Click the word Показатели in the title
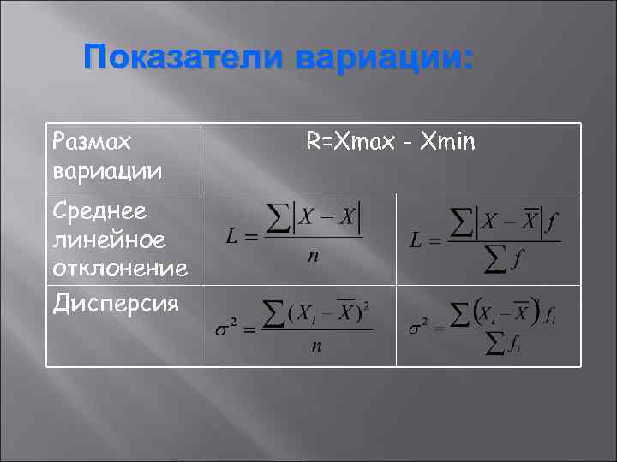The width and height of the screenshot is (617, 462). [183, 60]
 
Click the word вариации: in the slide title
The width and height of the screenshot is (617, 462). [382, 60]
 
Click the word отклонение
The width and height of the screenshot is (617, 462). [119, 269]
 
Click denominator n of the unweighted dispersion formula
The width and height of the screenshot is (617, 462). [316, 346]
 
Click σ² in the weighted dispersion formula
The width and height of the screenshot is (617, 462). [419, 327]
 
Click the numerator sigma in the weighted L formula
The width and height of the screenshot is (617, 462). [463, 222]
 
